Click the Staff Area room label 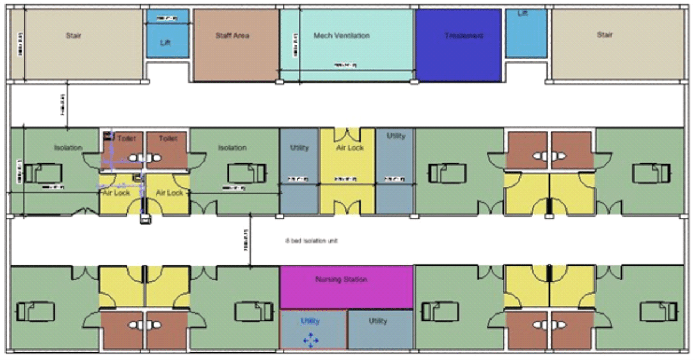[x=232, y=36]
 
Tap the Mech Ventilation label [x=341, y=36]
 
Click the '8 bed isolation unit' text [x=311, y=241]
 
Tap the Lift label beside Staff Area [x=165, y=43]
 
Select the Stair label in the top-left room [x=74, y=36]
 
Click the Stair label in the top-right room [x=605, y=35]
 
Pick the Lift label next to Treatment [x=522, y=13]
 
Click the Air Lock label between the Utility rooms [x=350, y=148]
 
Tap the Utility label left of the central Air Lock [x=299, y=148]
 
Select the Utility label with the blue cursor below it [x=310, y=321]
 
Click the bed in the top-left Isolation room [x=37, y=173]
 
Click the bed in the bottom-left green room [x=36, y=311]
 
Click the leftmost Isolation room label [x=68, y=148]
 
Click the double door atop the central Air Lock [x=348, y=134]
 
